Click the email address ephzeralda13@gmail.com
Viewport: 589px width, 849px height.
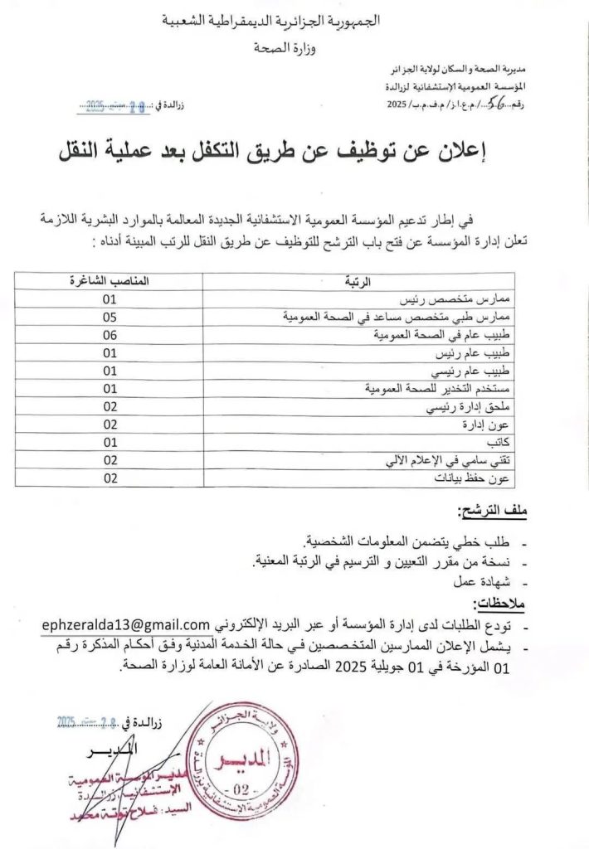tap(124, 623)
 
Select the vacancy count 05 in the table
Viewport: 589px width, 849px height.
tap(110, 317)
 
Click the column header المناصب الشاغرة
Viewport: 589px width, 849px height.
tap(109, 281)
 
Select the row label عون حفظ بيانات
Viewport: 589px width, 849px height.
tap(479, 478)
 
